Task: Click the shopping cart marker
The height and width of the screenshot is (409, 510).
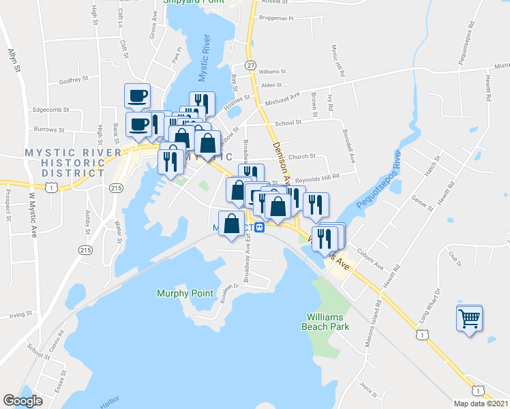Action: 470,317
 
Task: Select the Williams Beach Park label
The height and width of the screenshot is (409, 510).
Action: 328,322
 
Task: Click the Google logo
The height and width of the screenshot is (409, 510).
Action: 22,401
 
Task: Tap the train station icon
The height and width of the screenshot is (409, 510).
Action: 260,227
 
